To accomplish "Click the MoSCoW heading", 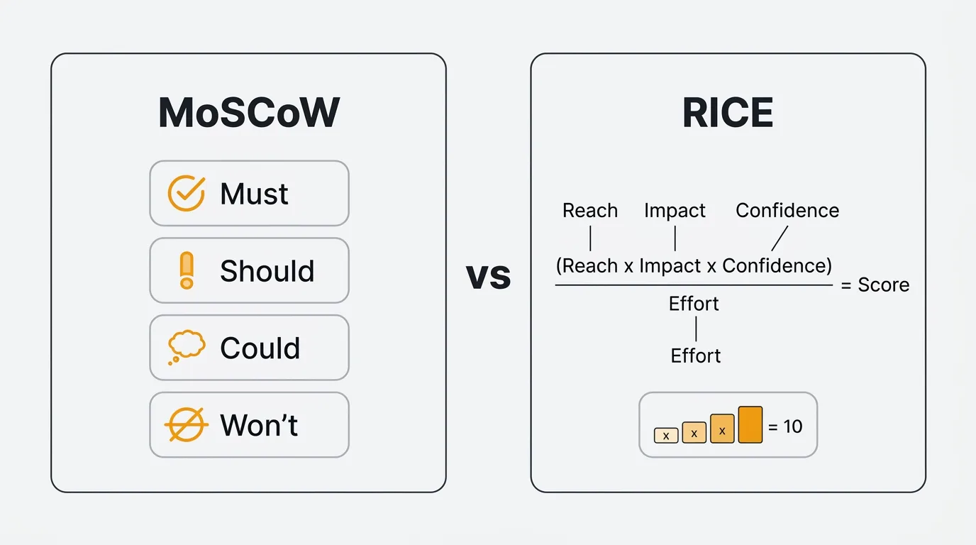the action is [249, 113].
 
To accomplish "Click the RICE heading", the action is [728, 113].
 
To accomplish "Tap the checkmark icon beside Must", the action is [187, 193].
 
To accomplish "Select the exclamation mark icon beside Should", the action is [187, 270].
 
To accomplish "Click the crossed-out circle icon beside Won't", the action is [186, 424].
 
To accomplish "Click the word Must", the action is [254, 194].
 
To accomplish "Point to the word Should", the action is [267, 271].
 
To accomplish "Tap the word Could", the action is [260, 348].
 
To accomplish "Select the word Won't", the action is [259, 425].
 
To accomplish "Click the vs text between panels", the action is [488, 277].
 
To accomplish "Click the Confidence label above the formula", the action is [787, 211].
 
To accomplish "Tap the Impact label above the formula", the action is [675, 211].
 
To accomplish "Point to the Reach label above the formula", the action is [590, 211].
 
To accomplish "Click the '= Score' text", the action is [875, 285].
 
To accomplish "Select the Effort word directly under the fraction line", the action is [694, 304].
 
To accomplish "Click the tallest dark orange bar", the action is [750, 424].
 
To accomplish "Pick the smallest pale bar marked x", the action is [666, 435].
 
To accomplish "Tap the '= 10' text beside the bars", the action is [785, 426].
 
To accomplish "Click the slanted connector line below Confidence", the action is [780, 238].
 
